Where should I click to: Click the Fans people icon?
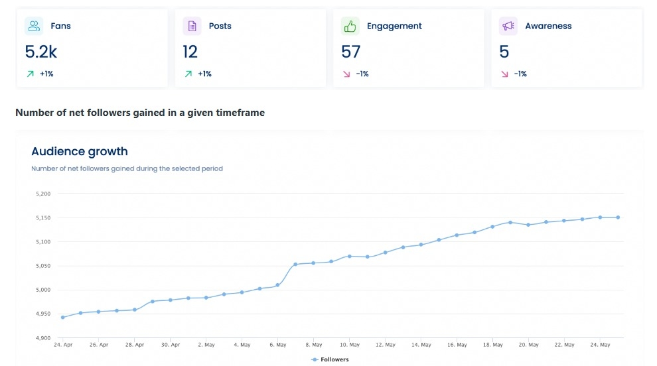pos(34,26)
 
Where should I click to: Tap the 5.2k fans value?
pos(40,51)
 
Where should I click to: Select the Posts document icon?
pos(192,26)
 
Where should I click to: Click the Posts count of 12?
pos(190,51)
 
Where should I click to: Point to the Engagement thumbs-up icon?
pos(350,26)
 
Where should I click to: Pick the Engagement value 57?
pos(350,51)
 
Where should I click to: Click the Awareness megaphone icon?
pos(508,26)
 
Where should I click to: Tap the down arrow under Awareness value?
pos(504,74)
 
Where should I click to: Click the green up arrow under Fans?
pos(30,74)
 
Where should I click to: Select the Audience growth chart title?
pos(79,151)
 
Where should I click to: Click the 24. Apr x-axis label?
pos(62,345)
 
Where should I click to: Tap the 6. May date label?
pos(277,345)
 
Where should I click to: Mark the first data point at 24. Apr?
pos(62,317)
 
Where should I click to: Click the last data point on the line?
pos(618,217)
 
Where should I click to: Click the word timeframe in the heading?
pos(240,113)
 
